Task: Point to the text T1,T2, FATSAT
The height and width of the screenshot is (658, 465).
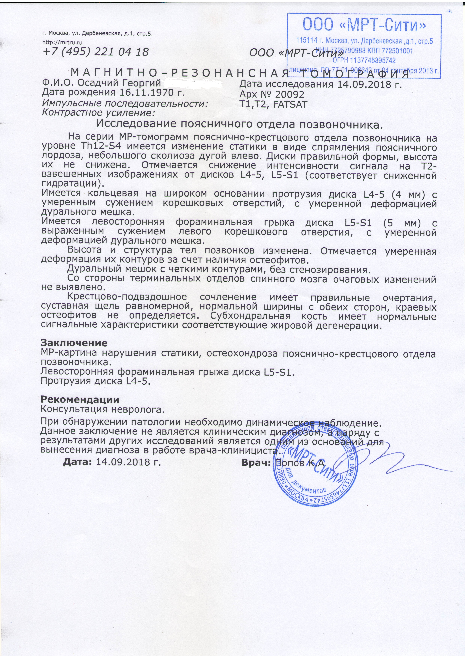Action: point(273,104)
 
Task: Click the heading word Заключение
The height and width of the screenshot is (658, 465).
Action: point(75,343)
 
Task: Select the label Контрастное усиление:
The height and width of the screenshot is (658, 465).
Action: point(98,113)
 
